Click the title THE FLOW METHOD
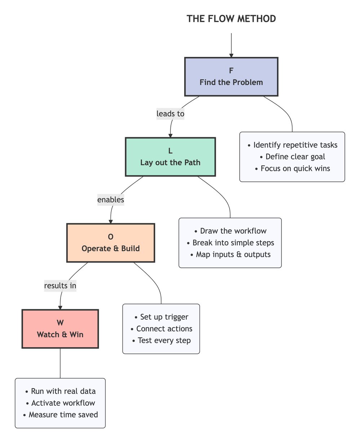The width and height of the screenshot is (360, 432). click(x=231, y=19)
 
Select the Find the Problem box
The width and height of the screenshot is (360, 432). click(x=231, y=77)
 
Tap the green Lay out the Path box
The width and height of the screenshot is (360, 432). click(x=170, y=157)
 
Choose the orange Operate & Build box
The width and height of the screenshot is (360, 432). click(x=111, y=243)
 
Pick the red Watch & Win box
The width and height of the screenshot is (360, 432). click(x=60, y=329)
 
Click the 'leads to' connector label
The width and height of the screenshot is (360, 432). click(x=170, y=114)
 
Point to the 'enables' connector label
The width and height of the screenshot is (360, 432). click(x=111, y=199)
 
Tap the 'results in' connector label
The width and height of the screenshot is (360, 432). click(x=60, y=285)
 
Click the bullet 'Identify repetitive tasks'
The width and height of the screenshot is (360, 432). click(x=292, y=145)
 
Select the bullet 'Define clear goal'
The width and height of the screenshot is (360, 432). click(x=292, y=157)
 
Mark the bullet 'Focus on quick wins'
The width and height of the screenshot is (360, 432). click(x=292, y=168)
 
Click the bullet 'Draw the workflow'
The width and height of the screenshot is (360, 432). click(x=230, y=231)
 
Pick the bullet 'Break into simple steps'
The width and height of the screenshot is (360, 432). click(x=230, y=243)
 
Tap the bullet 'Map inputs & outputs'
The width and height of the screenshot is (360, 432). click(x=230, y=254)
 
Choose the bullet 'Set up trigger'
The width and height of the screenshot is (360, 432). click(x=161, y=317)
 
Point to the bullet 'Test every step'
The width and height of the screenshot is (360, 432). click(x=161, y=340)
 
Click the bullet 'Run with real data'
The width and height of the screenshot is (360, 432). click(x=60, y=391)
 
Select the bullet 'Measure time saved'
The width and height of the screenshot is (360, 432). click(x=60, y=414)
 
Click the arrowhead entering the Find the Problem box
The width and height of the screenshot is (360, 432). click(x=231, y=55)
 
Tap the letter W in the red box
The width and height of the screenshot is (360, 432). click(x=60, y=323)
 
